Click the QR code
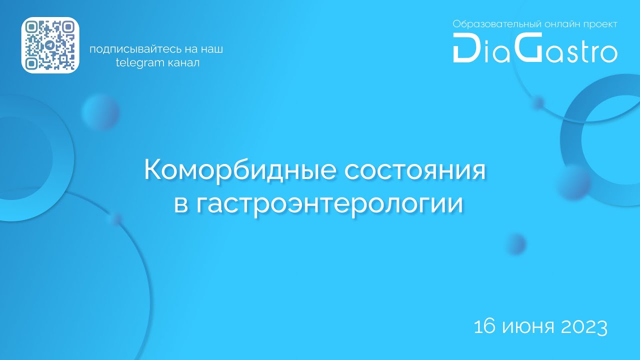[x=50, y=45]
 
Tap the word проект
[x=599, y=24]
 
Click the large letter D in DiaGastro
[x=465, y=48]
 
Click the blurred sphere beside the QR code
[x=100, y=111]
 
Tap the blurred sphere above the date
[x=515, y=244]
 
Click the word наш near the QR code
[x=211, y=49]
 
